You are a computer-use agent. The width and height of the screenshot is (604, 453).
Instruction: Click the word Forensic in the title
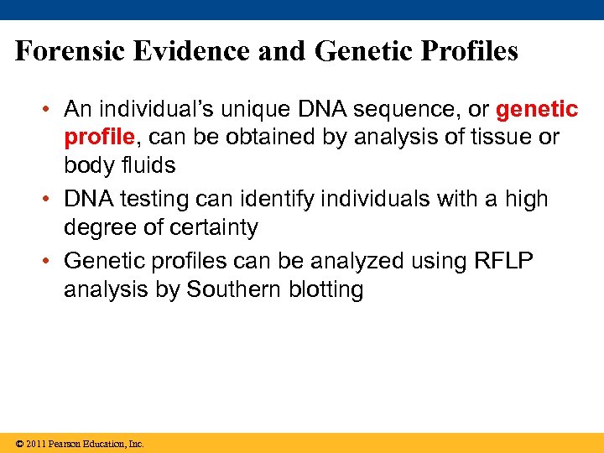click(69, 52)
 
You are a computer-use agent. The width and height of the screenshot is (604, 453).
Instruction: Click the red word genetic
click(537, 110)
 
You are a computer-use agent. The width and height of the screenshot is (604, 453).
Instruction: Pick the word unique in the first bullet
click(253, 110)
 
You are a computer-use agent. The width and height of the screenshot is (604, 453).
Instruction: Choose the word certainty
click(214, 227)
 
